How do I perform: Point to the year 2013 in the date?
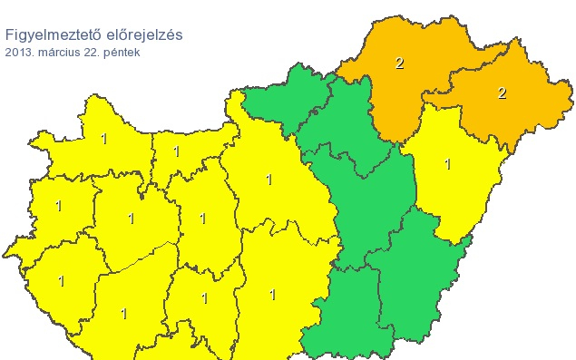click(x=17, y=53)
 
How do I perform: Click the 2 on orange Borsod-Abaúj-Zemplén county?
click(x=399, y=63)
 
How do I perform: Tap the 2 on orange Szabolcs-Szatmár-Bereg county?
click(x=501, y=92)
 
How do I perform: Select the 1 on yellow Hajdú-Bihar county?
click(x=447, y=164)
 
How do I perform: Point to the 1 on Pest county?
click(x=268, y=180)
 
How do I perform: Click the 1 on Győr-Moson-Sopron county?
click(x=103, y=139)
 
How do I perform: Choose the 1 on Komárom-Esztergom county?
click(x=176, y=151)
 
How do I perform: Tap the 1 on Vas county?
click(x=58, y=206)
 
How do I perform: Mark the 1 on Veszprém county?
click(x=131, y=219)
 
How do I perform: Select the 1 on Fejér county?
click(x=202, y=219)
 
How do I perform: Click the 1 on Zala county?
click(x=61, y=281)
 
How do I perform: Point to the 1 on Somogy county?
click(x=123, y=314)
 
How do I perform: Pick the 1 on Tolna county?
click(x=204, y=298)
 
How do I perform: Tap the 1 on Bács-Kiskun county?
click(x=272, y=295)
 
